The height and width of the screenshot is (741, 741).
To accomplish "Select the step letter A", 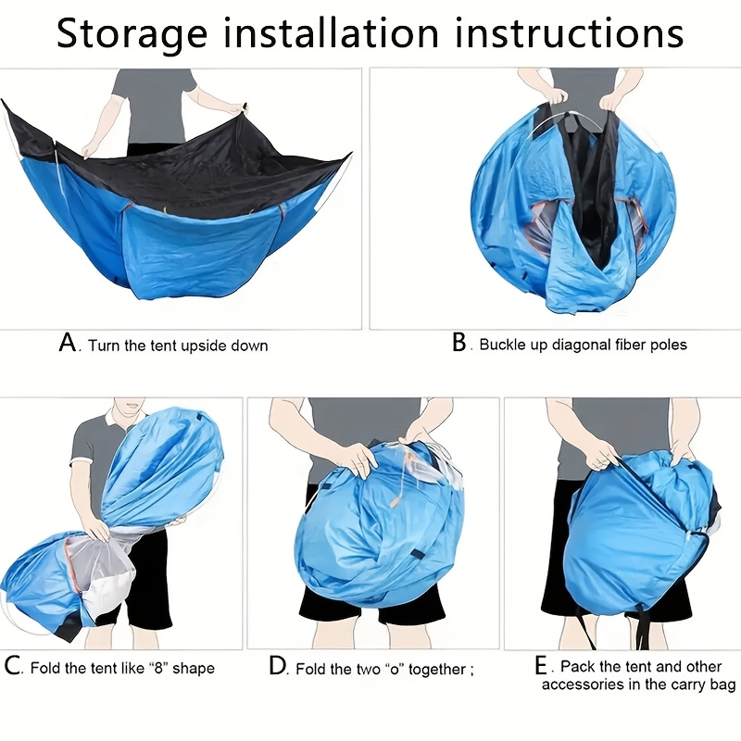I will [x=67, y=344].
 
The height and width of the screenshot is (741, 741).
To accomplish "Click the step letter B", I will [x=459, y=343].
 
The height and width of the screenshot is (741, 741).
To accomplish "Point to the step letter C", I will [x=13, y=666].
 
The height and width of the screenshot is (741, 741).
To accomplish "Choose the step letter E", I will [x=542, y=666].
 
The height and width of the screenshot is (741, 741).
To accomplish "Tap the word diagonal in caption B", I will [x=585, y=345].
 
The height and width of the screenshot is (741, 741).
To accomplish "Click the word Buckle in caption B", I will [x=503, y=345].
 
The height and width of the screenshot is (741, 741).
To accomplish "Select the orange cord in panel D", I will [x=398, y=491].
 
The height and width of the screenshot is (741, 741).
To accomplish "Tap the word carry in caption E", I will [x=685, y=684].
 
